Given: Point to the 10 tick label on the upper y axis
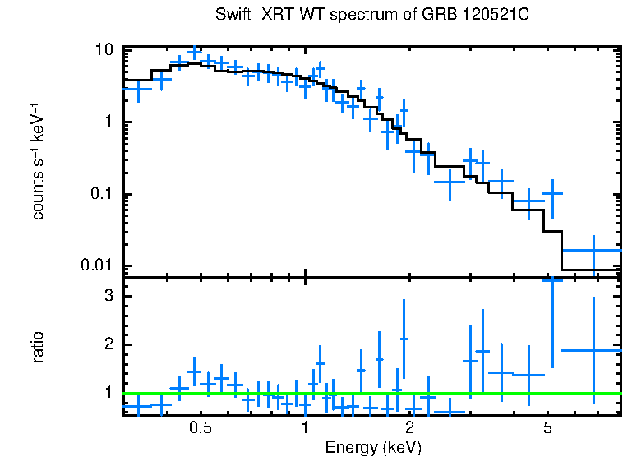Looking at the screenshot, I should pyautogui.click(x=104, y=49).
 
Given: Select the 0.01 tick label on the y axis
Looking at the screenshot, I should pyautogui.click(x=98, y=265).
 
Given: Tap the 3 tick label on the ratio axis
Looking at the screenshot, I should pyautogui.click(x=108, y=295).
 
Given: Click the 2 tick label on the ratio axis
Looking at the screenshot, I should pyautogui.click(x=108, y=344).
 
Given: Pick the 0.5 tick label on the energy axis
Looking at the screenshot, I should pyautogui.click(x=201, y=429).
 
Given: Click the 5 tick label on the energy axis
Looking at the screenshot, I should pyautogui.click(x=547, y=429).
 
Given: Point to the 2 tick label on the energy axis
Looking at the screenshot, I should pyautogui.click(x=409, y=429).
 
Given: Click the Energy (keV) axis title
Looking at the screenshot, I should pyautogui.click(x=373, y=447).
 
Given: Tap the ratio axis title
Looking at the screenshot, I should pyautogui.click(x=38, y=347).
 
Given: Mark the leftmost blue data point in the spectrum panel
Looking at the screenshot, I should pyautogui.click(x=137, y=89).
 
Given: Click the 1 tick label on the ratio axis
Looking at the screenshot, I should pyautogui.click(x=108, y=393).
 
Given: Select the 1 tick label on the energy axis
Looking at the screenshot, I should pyautogui.click(x=305, y=429).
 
